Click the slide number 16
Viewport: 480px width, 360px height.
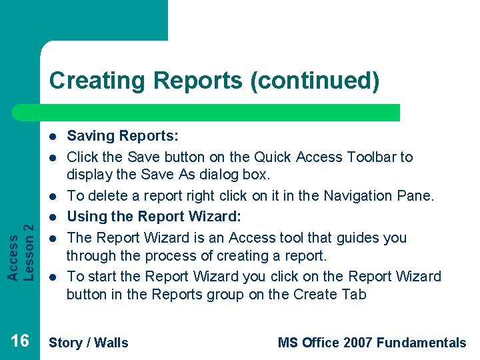(20, 341)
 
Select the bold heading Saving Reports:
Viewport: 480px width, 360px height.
(123, 137)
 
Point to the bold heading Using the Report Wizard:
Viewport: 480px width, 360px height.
(153, 217)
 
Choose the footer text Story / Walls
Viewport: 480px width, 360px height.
(89, 343)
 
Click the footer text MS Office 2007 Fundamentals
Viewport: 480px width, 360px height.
(372, 343)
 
